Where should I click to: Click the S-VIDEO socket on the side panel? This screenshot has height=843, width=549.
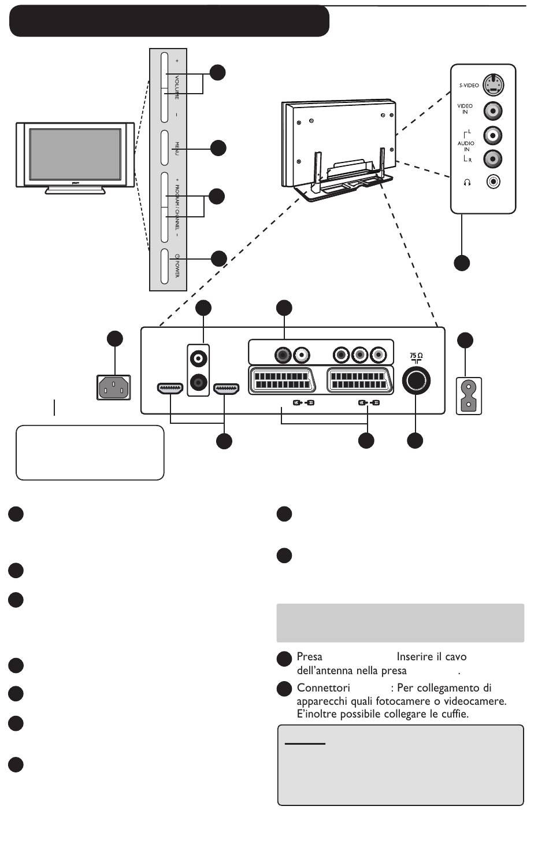pos(493,84)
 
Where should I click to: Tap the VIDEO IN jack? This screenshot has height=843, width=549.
pos(492,110)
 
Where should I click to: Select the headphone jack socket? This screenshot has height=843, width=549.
pos(493,182)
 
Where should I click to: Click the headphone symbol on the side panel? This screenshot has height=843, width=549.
pos(467,183)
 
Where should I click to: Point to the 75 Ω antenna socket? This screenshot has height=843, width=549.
pos(416,380)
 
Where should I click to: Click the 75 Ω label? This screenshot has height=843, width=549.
pos(416,356)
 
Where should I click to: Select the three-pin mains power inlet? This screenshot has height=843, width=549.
pos(114,387)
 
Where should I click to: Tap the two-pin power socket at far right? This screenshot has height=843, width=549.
pos(469,396)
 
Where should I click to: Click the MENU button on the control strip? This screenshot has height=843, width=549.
pos(164,148)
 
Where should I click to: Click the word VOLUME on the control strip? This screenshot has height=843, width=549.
pos(177,87)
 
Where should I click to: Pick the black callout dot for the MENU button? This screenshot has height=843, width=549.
pos(218,148)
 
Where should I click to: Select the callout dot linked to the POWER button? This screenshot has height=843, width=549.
pos(219,259)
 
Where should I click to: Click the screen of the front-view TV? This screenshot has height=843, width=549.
pos(75,154)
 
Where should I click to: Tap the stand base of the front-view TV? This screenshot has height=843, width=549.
pos(75,190)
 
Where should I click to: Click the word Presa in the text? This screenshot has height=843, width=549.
pos(309,657)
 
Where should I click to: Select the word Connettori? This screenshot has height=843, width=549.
pos(323,688)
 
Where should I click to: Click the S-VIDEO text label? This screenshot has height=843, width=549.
pos(469,86)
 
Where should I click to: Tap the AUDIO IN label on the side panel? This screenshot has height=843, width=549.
pos(466,146)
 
